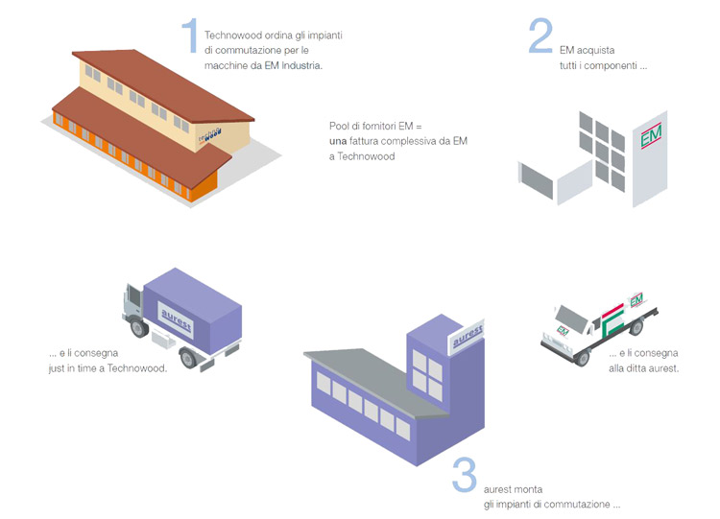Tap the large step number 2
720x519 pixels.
tap(540, 35)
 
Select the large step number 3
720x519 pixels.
tap(464, 475)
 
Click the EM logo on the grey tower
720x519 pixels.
tap(652, 138)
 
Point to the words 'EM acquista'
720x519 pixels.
tap(589, 50)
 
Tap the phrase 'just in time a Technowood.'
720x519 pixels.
tap(108, 367)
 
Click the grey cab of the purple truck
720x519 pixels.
tap(134, 304)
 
